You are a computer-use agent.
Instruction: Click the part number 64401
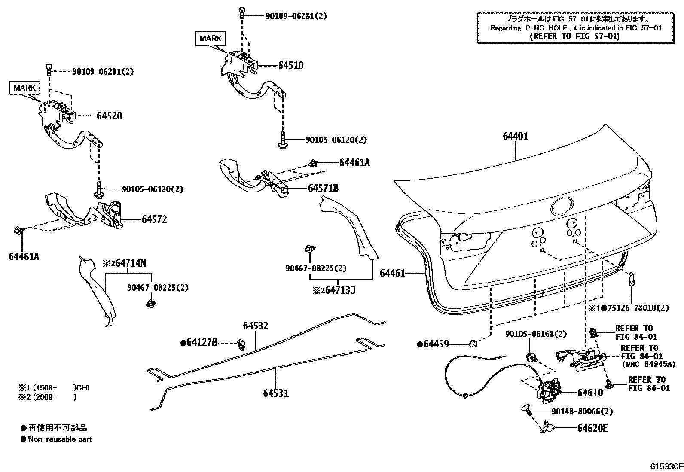click(516, 137)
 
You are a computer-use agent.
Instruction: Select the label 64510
click(291, 66)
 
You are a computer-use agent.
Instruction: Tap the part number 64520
click(109, 116)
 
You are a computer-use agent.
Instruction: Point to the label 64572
click(154, 219)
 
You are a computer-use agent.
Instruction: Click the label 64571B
click(323, 189)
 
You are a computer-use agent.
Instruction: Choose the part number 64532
click(256, 326)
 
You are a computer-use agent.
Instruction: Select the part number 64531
click(276, 393)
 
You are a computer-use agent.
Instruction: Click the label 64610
click(590, 393)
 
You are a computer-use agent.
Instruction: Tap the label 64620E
click(592, 428)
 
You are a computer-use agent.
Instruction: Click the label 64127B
click(201, 342)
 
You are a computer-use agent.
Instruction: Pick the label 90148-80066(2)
click(582, 411)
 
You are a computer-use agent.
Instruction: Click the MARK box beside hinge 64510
click(211, 38)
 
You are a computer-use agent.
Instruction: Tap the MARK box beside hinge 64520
click(24, 88)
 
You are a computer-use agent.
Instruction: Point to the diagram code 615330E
click(666, 466)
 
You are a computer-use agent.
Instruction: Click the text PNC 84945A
click(648, 364)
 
